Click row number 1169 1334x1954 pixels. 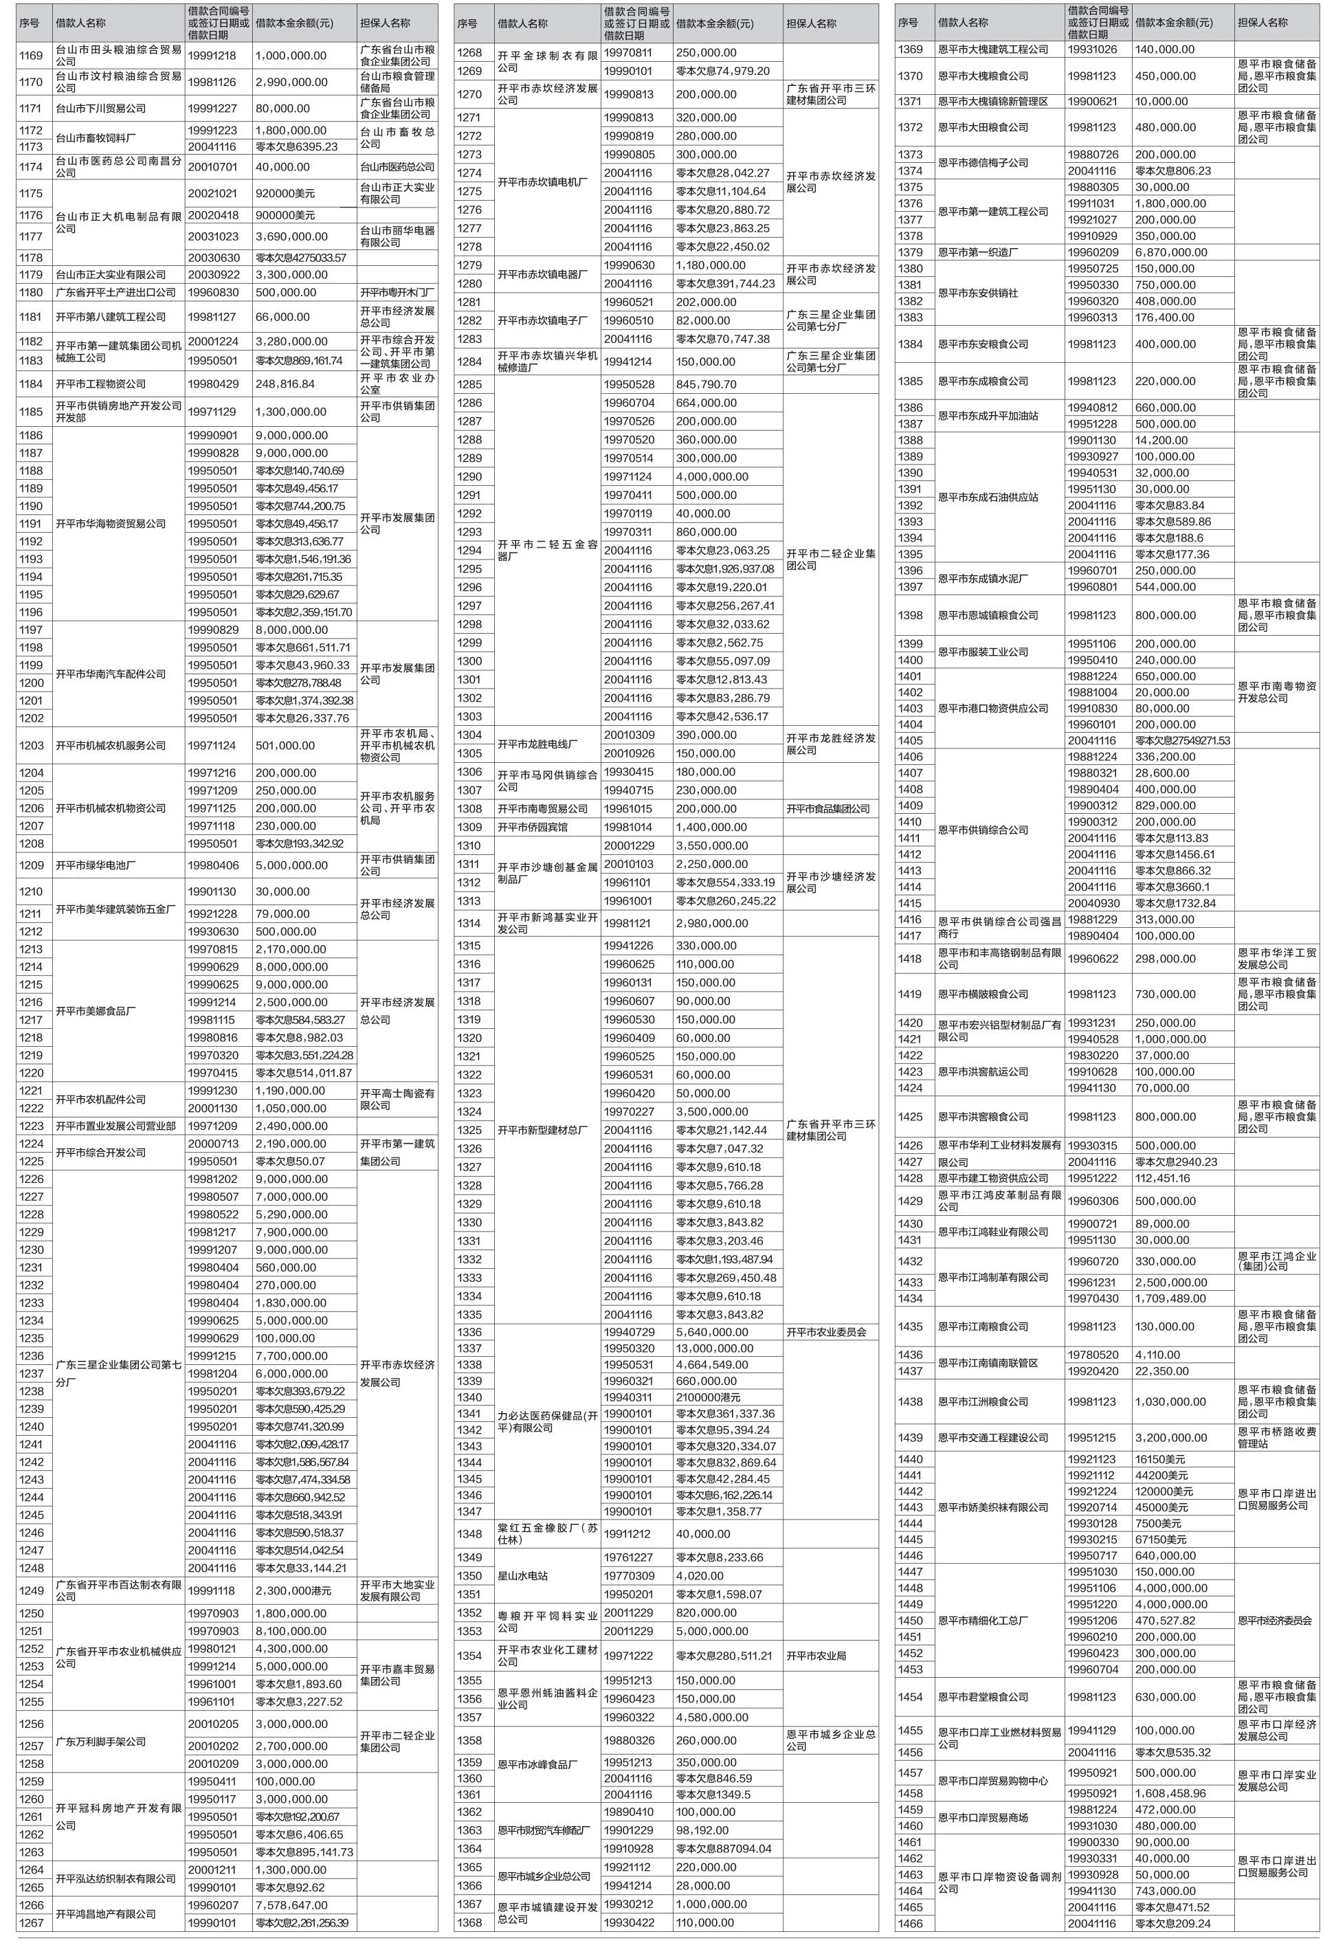[x=31, y=56]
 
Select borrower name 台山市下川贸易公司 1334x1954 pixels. [x=100, y=109]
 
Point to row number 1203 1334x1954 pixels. [x=31, y=746]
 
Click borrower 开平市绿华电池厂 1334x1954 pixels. [x=95, y=865]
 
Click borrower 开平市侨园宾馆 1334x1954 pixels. [x=532, y=828]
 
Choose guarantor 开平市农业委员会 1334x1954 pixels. [x=826, y=1332]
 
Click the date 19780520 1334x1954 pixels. [x=1093, y=1355]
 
